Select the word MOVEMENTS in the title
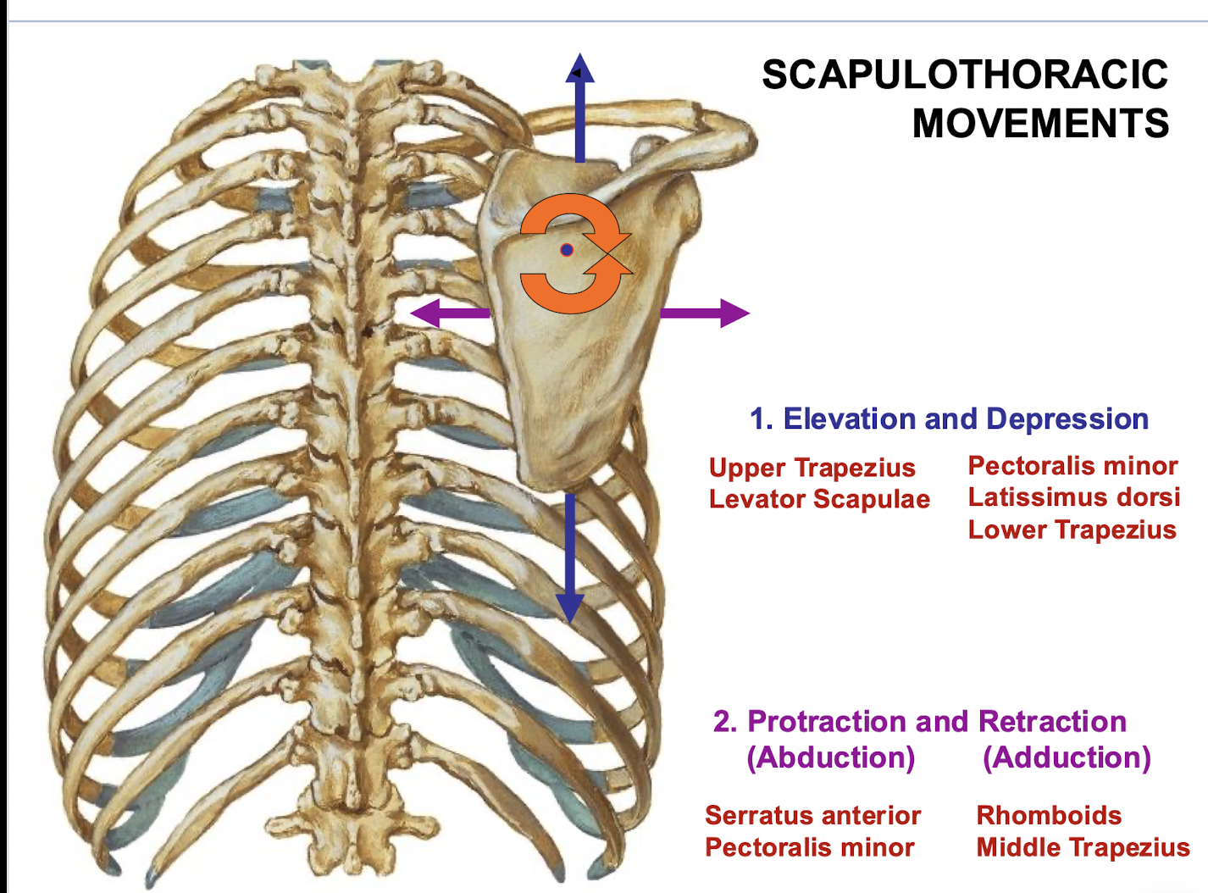pos(1040,124)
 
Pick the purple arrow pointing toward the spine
pos(450,313)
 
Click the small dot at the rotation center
pos(568,250)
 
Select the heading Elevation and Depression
pos(949,419)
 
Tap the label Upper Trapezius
pos(812,468)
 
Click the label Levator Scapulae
pos(819,499)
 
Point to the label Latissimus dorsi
pos(1073,497)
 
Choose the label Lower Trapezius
pos(1072,530)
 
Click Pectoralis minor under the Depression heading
pos(1072,465)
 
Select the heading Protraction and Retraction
pos(920,721)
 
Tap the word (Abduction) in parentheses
pos(830,757)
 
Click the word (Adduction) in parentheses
pos(1067,757)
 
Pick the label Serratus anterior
pos(812,815)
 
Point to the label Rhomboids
pos(1049,815)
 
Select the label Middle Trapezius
pos(1083,847)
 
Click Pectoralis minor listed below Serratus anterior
pos(809,847)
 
